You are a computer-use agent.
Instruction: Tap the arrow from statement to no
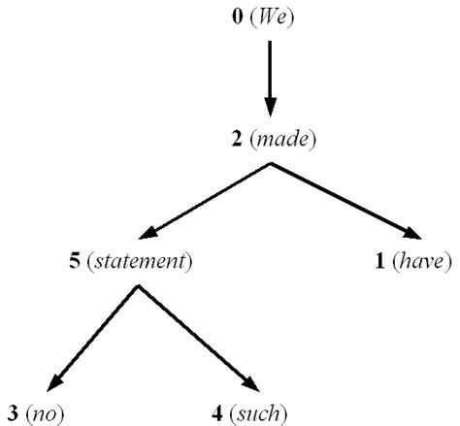click(92, 337)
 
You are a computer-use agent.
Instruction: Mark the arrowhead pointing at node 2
click(270, 107)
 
